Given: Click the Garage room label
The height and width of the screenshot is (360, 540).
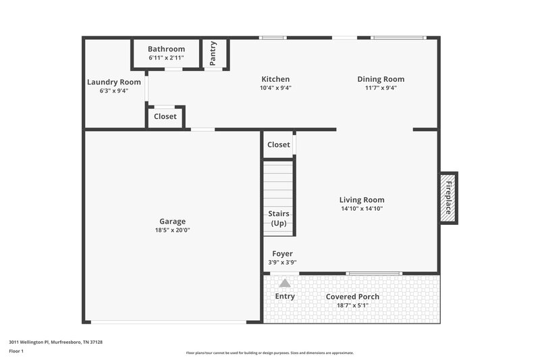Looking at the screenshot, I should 172,221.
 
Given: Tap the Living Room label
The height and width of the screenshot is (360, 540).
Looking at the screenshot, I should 362,200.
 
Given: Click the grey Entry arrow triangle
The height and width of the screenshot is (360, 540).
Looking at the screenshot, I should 285,284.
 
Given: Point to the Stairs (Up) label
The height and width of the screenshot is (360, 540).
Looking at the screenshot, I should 279,218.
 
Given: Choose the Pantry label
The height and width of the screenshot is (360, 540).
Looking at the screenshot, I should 213,53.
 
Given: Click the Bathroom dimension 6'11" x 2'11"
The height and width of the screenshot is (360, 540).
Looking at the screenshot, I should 166,58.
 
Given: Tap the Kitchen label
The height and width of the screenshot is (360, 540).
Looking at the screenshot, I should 275,79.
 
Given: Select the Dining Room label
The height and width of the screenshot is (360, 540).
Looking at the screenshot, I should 381,79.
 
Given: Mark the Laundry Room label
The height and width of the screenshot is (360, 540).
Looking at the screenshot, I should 114,82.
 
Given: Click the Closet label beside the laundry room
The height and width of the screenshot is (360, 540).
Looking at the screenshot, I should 165,116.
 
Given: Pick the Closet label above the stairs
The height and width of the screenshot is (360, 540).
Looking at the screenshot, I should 279,145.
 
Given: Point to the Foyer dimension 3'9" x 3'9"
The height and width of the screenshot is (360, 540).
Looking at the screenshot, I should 282,263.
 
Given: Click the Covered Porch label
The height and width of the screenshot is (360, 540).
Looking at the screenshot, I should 352,297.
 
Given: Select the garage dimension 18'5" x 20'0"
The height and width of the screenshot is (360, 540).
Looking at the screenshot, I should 172,230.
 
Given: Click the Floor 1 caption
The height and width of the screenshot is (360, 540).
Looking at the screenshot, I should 16,351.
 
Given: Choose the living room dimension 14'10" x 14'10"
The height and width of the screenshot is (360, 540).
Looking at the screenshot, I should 362,209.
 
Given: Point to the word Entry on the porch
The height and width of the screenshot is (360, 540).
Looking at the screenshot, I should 285,297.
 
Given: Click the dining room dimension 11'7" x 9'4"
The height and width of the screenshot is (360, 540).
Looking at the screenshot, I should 381,88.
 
